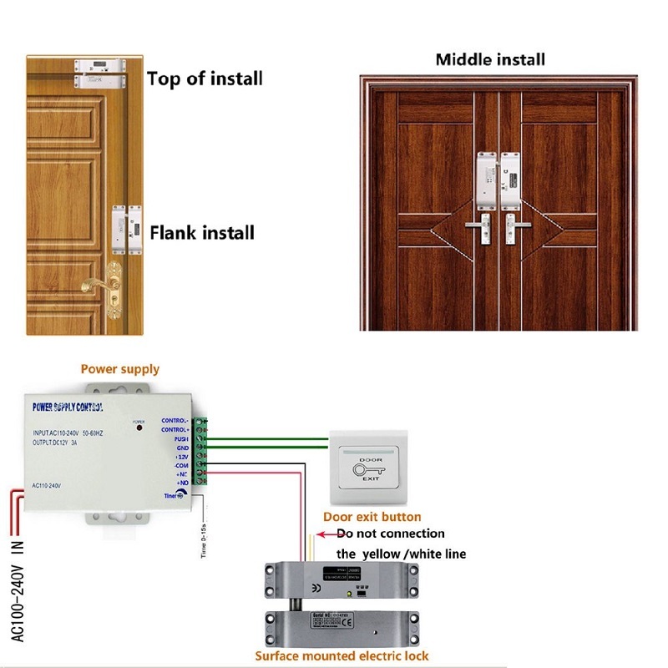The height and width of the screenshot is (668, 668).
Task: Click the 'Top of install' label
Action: click(205, 79)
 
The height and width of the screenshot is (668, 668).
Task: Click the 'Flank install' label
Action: click(202, 232)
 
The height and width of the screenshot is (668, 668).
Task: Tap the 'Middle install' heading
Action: click(490, 59)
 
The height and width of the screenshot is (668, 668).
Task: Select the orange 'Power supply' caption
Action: click(119, 369)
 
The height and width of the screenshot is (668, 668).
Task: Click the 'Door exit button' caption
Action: click(372, 517)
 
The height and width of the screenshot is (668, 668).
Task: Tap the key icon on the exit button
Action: click(367, 471)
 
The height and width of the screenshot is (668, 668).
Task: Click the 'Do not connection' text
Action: click(391, 534)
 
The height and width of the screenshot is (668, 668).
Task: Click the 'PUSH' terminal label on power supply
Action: click(180, 438)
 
